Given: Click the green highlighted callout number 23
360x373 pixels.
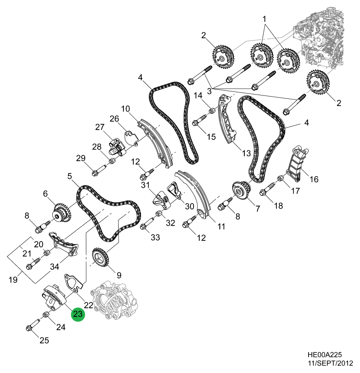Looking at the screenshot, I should (x=78, y=314).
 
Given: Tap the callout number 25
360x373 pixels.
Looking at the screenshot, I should (x=44, y=340).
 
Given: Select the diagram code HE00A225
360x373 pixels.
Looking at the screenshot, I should (x=323, y=355).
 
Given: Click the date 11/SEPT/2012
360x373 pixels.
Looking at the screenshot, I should (x=329, y=363).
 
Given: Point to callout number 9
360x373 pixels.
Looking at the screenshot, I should (x=119, y=275).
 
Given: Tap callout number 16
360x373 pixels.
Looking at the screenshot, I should (x=314, y=179).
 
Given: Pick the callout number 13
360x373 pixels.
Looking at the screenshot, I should (x=246, y=153).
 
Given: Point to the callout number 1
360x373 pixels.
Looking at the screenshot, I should (x=264, y=18).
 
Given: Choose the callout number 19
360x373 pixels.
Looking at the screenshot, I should (x=13, y=279).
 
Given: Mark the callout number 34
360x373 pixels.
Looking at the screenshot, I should (x=55, y=267).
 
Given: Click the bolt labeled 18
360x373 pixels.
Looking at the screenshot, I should (x=266, y=191).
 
